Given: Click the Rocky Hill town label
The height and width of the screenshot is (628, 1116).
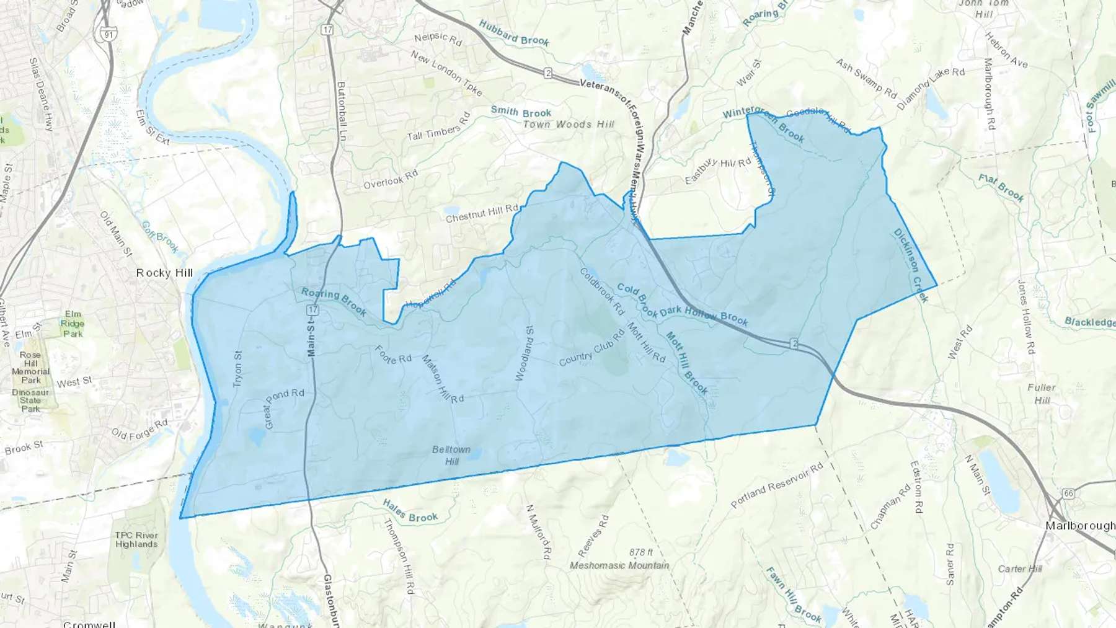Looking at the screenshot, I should coord(164,273).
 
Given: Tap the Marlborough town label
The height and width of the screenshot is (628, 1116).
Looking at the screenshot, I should coord(1080,526).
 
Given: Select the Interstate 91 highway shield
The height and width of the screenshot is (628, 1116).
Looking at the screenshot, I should coord(108,34).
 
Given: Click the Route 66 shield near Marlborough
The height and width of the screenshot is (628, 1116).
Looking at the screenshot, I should coord(1068,493).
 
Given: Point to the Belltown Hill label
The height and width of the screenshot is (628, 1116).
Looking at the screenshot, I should coord(451,455).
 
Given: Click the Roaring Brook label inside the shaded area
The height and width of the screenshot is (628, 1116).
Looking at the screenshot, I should coord(334,301).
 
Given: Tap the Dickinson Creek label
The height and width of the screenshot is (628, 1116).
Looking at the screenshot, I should coord(910,265).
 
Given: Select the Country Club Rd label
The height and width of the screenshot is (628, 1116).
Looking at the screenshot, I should coord(591,348).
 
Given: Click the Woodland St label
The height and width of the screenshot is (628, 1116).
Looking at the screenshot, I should coord(525,353).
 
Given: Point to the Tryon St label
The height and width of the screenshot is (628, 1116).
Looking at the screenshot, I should coord(237,369).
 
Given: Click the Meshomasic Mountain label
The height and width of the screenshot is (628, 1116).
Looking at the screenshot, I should coord(619,565).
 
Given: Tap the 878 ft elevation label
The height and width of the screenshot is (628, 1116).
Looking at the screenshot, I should coord(640,552).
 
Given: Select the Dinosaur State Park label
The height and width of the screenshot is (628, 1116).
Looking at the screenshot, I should coord(30,400).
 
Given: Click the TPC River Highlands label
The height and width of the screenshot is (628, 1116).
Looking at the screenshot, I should coord(136,539).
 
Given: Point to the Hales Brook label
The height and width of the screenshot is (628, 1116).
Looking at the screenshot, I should coord(410,511).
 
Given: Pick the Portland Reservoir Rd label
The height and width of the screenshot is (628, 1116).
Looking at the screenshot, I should coord(777,485).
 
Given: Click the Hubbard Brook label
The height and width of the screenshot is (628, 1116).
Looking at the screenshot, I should coord(514,32).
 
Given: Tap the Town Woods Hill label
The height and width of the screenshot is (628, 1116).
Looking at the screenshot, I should coord(569,124).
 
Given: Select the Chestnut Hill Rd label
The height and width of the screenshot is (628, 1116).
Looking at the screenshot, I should coord(482,213).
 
